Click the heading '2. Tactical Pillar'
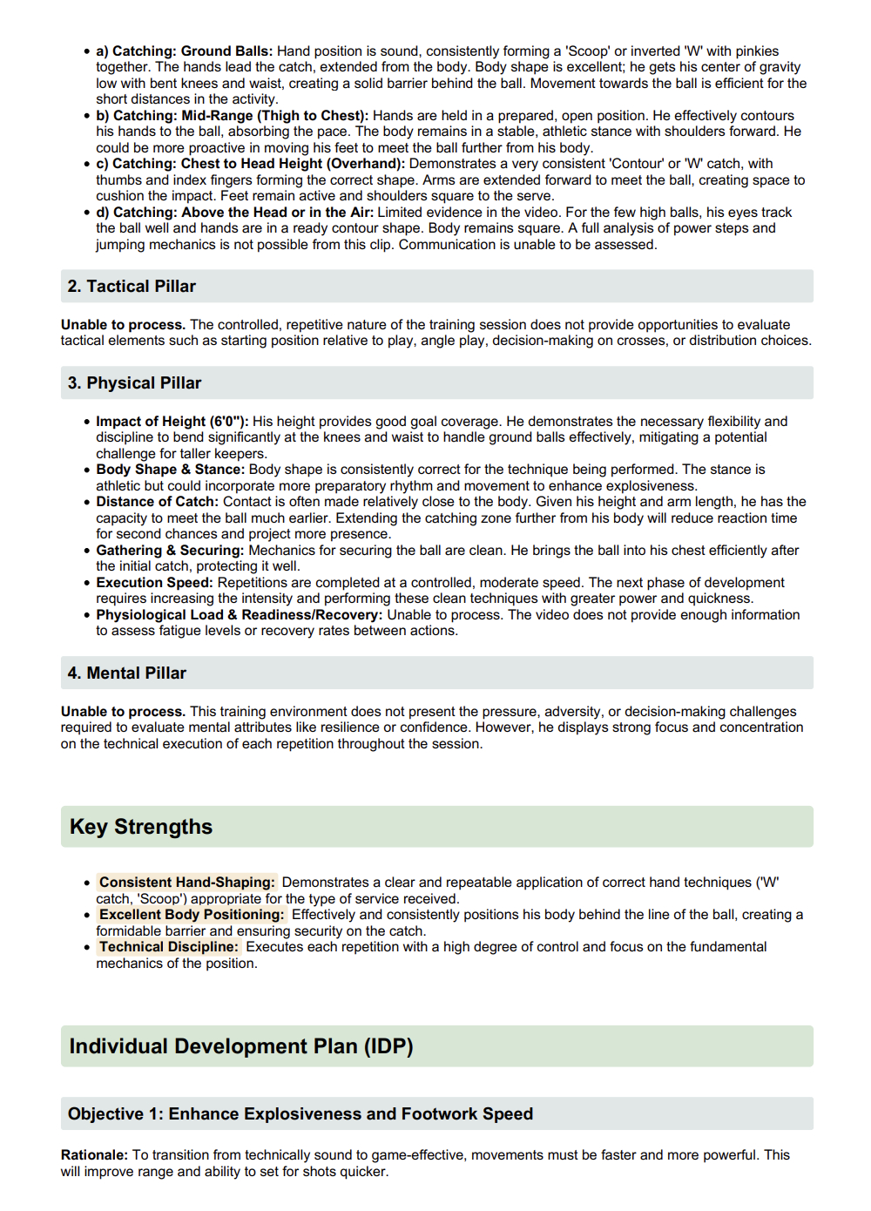coord(132,287)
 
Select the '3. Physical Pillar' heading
coord(134,383)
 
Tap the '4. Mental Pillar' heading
coord(127,673)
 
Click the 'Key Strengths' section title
coord(141,827)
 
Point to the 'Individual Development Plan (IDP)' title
coord(241,1046)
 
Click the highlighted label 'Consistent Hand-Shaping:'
coord(186,883)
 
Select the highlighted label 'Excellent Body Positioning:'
coord(192,915)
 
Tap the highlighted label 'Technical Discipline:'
coord(168,947)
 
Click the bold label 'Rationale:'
coord(95,1155)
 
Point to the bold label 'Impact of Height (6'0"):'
coord(172,422)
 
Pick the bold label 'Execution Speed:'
coord(154,583)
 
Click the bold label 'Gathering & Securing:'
coord(170,551)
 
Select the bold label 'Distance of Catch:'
coord(157,502)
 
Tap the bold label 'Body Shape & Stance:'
coord(170,470)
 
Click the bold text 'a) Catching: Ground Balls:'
coord(184,51)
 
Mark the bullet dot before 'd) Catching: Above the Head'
coord(87,213)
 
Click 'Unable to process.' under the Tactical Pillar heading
coord(123,325)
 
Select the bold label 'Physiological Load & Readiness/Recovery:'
coord(239,615)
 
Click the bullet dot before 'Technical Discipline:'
coord(87,948)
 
